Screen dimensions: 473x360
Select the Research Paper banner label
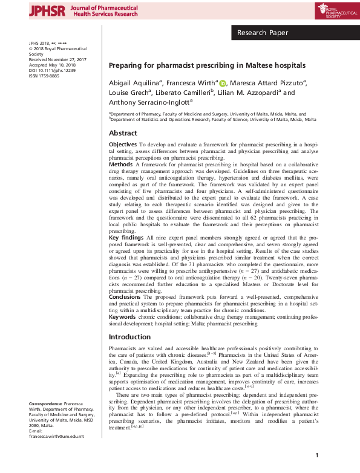pyautogui.click(x=262, y=33)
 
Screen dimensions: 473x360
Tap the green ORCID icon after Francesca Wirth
pyautogui.click(x=222, y=83)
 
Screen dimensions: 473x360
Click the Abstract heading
pyautogui.click(x=123, y=133)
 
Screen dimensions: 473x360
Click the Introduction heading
pyautogui.click(x=129, y=337)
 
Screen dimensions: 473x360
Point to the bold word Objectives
pyautogui.click(x=123, y=146)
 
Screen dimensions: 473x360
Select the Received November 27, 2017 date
pyautogui.click(x=57, y=60)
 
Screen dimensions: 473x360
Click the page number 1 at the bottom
pyautogui.click(x=316, y=455)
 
